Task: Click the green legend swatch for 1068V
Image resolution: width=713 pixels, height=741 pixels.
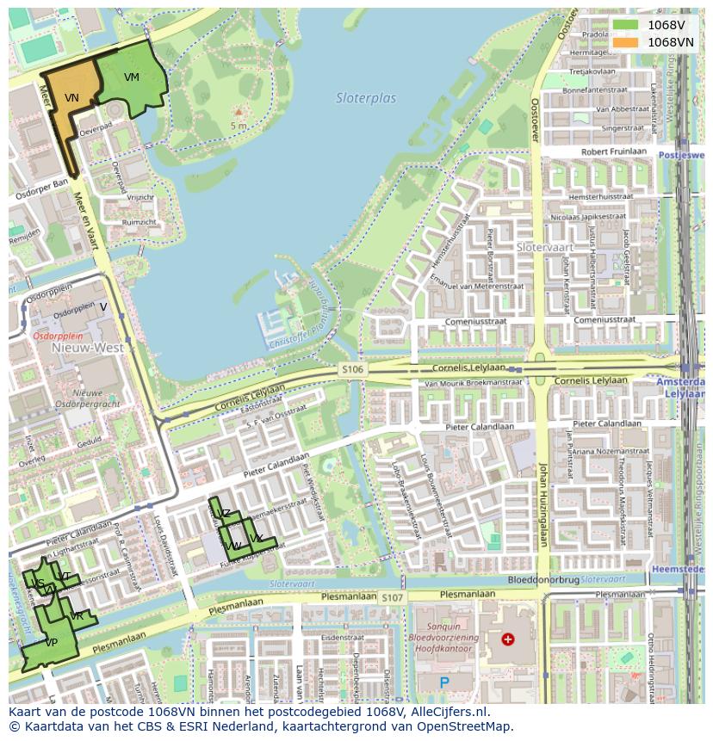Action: point(625,25)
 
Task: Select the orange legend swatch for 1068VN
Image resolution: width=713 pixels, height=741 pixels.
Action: point(625,42)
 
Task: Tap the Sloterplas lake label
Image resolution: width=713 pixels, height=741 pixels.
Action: point(366,98)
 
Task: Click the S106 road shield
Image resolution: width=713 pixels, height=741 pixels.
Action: point(352,369)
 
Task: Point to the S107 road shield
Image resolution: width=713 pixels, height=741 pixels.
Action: point(392,596)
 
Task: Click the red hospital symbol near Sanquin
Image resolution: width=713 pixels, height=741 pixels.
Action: point(508,639)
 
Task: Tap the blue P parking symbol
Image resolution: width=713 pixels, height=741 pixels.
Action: point(444,682)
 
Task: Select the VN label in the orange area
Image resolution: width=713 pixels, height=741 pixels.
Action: point(71,98)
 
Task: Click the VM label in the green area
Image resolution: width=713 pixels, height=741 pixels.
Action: point(131,77)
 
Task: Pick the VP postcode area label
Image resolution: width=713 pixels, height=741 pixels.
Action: point(51,642)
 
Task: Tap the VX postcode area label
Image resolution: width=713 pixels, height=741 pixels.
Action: point(256,539)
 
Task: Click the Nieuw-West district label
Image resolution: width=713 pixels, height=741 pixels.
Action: point(88,349)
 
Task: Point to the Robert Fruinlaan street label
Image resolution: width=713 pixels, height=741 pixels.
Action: point(614,151)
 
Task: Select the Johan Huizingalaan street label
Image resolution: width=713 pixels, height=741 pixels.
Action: point(543,504)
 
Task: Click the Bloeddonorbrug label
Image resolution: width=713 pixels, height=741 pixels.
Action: point(542,580)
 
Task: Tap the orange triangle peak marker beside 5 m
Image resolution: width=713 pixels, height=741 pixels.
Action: point(239,112)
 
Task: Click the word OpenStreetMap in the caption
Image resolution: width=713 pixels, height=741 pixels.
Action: point(468,726)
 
